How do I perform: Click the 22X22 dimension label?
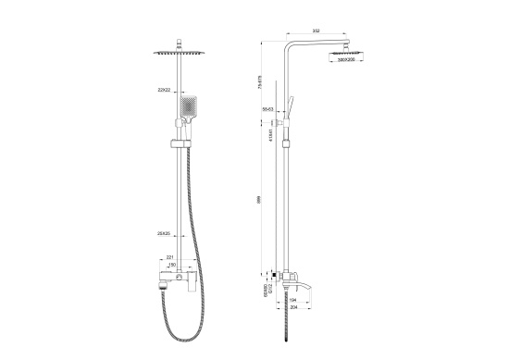click(163, 90)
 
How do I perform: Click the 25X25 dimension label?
click(164, 233)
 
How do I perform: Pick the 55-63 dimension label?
click(268, 108)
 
